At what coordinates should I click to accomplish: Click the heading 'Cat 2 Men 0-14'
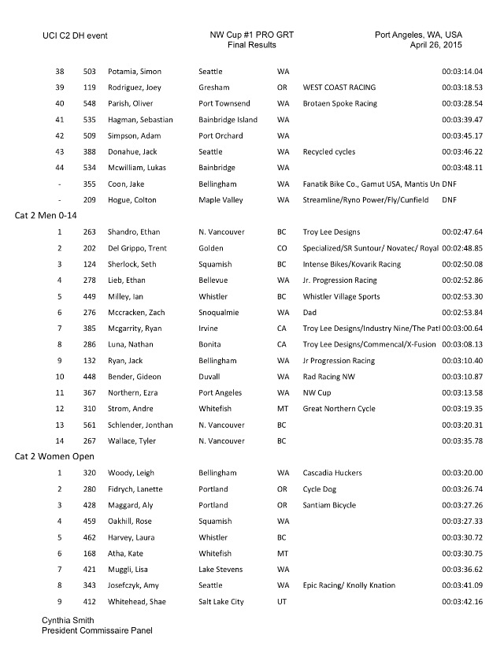pyautogui.click(x=46, y=215)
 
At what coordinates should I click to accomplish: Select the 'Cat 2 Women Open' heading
pyautogui.click(x=54, y=456)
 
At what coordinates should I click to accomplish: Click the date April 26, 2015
pyautogui.click(x=436, y=46)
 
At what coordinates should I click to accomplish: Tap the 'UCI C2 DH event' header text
pyautogui.click(x=76, y=35)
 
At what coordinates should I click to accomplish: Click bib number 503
pyautogui.click(x=90, y=72)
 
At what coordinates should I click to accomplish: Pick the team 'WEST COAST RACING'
pyautogui.click(x=339, y=87)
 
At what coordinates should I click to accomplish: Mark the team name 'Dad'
pyautogui.click(x=310, y=313)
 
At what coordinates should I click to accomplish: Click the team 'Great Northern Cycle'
pyautogui.click(x=339, y=409)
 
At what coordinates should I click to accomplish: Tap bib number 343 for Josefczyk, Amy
pyautogui.click(x=90, y=585)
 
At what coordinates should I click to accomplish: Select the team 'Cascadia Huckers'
pyautogui.click(x=332, y=474)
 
